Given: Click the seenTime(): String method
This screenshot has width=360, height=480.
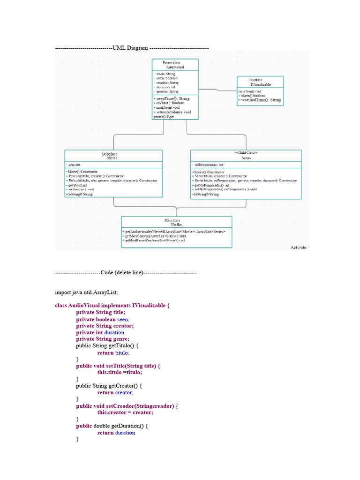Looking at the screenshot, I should pyautogui.click(x=172, y=99).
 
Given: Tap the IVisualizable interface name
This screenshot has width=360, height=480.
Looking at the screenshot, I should pyautogui.click(x=260, y=84).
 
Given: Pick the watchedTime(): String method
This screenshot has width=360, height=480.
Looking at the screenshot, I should pyautogui.click(x=260, y=100).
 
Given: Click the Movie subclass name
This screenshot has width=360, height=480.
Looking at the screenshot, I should pyautogui.click(x=112, y=158).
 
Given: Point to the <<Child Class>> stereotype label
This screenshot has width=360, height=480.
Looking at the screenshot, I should pyautogui.click(x=246, y=153).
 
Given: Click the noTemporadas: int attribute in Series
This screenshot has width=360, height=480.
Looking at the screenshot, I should pyautogui.click(x=209, y=165).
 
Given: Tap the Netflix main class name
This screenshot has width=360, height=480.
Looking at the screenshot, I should pyautogui.click(x=176, y=225).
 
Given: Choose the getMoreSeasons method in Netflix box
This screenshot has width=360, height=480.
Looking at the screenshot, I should pyautogui.click(x=154, y=236).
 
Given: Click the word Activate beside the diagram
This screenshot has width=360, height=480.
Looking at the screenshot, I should pyautogui.click(x=299, y=247).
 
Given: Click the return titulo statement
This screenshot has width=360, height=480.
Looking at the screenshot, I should pyautogui.click(x=113, y=353).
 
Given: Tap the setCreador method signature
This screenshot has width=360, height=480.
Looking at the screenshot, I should pyautogui.click(x=127, y=406).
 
